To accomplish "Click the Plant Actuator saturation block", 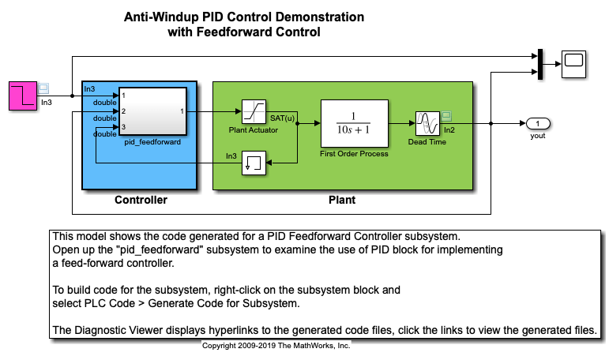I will tap(253, 111).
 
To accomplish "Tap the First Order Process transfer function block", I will tap(354, 123).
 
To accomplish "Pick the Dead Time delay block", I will tap(427, 123).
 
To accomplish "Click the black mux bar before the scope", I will tap(538, 63).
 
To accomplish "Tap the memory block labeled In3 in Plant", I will tap(254, 164).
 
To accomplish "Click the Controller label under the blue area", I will tap(141, 200).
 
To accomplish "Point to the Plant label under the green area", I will tap(342, 200).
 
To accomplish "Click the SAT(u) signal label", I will tap(283, 118).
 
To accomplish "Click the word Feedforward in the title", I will tap(239, 32).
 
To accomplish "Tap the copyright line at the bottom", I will tap(276, 346).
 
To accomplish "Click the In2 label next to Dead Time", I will tap(449, 129).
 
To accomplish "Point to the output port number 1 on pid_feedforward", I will tap(183, 111).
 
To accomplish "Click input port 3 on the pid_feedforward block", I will tap(123, 126).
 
